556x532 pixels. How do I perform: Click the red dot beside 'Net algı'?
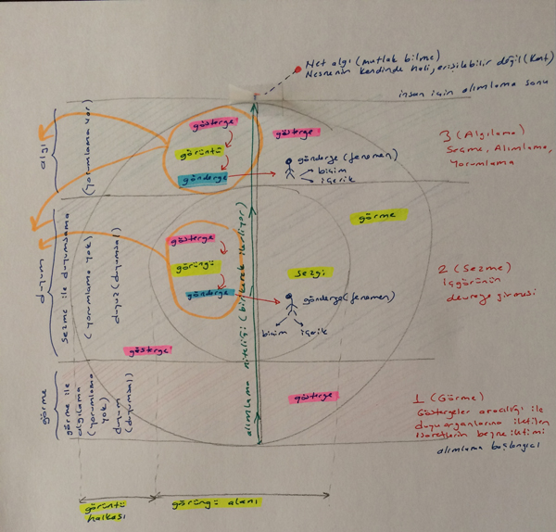(x=296, y=70)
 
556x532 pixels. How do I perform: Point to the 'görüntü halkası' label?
(x=92, y=510)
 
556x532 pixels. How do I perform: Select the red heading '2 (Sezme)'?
(x=467, y=271)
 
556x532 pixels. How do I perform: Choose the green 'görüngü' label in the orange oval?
(x=187, y=267)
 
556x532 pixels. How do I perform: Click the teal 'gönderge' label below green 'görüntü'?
(x=203, y=178)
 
